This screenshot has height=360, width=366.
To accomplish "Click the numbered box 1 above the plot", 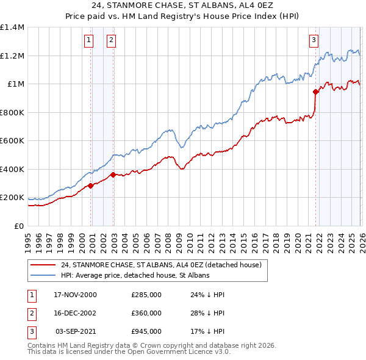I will pyautogui.click(x=89, y=41).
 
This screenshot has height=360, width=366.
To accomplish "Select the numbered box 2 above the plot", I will pyautogui.click(x=112, y=41).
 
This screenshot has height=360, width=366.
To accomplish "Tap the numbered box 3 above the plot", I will pyautogui.click(x=314, y=41).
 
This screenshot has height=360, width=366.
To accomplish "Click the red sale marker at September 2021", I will pyautogui.click(x=315, y=92).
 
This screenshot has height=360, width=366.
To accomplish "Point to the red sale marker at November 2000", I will pyautogui.click(x=91, y=185).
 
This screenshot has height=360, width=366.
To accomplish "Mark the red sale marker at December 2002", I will pyautogui.click(x=113, y=175).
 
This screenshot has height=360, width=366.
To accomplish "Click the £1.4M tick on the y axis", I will pyautogui.click(x=12, y=27).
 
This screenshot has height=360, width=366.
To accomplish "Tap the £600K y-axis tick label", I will pyautogui.click(x=12, y=141).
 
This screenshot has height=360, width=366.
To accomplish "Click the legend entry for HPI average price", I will pyautogui.click(x=135, y=275).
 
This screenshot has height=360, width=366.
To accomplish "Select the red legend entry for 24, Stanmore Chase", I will pyautogui.click(x=161, y=265).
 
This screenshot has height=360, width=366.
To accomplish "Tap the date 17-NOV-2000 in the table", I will pyautogui.click(x=75, y=295).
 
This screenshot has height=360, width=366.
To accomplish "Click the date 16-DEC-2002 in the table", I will pyautogui.click(x=75, y=313).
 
